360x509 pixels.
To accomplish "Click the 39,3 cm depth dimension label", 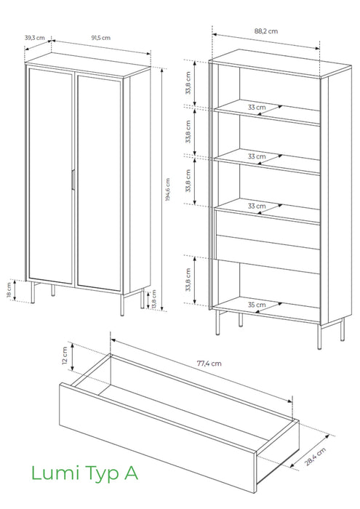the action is pos(35,38).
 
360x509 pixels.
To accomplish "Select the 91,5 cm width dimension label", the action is pos(100,38).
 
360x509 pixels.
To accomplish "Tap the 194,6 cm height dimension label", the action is pos(167,189).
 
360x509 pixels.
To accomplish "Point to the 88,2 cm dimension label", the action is pos(266,31).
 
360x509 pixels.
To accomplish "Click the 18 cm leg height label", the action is pos(9,290).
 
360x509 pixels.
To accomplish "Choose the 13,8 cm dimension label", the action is pos(154,300).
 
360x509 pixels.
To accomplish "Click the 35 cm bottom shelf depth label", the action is pos(257,305).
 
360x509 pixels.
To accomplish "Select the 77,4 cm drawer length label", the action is pos(209,364).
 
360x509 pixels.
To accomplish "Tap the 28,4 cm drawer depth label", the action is pos(315,457).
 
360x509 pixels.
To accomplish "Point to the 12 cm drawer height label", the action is pos(64,356).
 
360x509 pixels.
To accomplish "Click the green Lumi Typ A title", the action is pos(84,473).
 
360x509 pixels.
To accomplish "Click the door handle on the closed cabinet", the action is pos(73,179).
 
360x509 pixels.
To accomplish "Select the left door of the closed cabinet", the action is pos(50,175).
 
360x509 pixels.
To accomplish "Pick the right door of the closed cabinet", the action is pos(99,183).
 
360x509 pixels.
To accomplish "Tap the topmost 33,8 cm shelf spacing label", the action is pos(188,83).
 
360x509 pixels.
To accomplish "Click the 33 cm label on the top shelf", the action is pos(257,107).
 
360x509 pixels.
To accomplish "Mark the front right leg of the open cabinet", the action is pos(319,337).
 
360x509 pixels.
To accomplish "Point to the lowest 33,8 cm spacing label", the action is pos(188,279).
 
